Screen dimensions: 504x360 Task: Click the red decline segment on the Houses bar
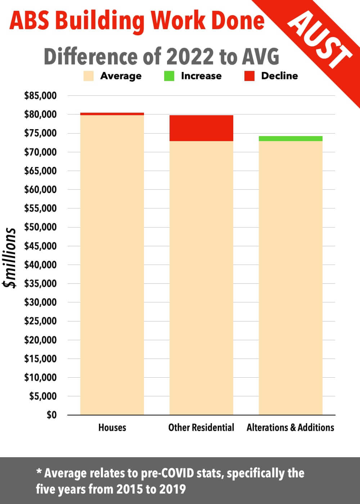(x=112, y=114)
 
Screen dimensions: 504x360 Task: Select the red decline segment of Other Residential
(x=201, y=128)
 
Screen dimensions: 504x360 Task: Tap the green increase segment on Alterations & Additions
(x=291, y=139)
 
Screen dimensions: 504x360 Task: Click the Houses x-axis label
(x=112, y=428)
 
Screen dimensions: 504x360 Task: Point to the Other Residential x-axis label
(x=201, y=428)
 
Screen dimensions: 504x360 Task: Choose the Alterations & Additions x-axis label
(x=291, y=428)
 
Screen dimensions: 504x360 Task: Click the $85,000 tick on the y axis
(x=40, y=96)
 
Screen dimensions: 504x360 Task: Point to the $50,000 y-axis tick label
(x=40, y=227)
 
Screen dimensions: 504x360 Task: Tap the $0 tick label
(x=51, y=415)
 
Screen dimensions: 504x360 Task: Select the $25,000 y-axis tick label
(x=40, y=321)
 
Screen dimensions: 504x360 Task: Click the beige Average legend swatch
(x=88, y=76)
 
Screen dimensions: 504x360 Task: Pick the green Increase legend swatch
(x=169, y=76)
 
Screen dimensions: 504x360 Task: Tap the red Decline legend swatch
(x=249, y=76)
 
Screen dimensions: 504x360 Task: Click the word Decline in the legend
(x=279, y=76)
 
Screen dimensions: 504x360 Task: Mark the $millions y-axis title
(x=10, y=258)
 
